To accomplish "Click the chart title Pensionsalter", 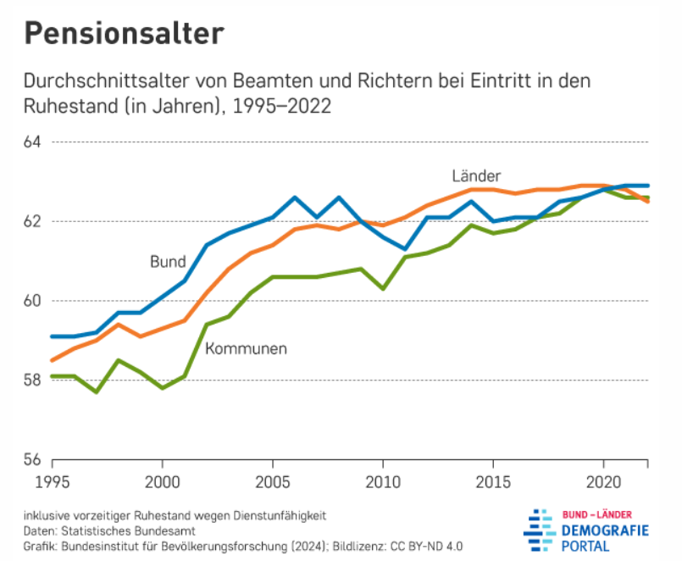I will tap(124, 33).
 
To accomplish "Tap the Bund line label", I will tap(168, 262).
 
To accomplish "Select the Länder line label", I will tap(476, 175).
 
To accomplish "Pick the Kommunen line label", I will tap(246, 348).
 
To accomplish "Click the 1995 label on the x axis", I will tap(53, 480).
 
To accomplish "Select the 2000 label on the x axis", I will tap(163, 480).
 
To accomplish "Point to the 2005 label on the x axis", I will tap(272, 480).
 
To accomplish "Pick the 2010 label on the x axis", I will tap(382, 480).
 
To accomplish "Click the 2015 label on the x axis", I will tap(491, 480).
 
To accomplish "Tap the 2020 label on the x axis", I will tap(602, 480).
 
